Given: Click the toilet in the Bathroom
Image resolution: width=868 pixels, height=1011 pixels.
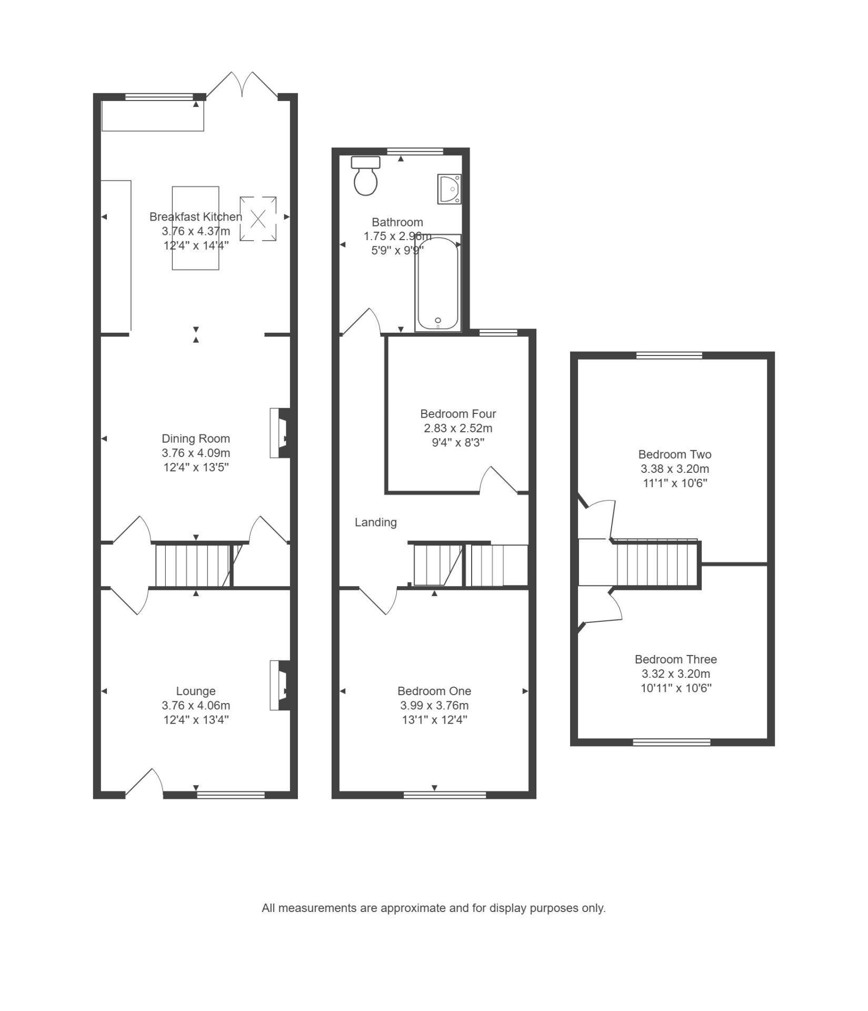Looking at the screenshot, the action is (366, 176).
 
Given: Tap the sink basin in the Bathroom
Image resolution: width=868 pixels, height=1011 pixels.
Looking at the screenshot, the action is (449, 189).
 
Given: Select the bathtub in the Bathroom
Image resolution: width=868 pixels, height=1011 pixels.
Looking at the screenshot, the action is (438, 283).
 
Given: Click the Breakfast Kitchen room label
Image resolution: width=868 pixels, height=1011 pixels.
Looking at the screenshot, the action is (196, 216).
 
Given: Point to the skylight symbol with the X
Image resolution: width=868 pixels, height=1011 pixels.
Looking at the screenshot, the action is (258, 219).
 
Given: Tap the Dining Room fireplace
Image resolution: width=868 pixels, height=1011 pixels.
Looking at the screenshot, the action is (280, 433).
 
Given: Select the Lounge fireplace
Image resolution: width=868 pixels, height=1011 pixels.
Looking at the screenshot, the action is (280, 686).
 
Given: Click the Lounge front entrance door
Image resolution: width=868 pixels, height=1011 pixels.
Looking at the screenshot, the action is (144, 784).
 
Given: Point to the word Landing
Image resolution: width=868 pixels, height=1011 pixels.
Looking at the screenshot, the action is (376, 522).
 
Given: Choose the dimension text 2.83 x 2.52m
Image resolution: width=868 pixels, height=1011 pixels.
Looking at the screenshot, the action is (458, 429).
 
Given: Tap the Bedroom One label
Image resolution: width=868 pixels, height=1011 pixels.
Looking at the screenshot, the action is (434, 691).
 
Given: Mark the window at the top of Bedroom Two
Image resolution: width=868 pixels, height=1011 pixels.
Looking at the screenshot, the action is (670, 355).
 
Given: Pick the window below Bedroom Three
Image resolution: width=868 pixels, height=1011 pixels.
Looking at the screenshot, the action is (672, 742).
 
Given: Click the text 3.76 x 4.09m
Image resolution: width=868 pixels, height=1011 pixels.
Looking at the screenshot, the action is (196, 453).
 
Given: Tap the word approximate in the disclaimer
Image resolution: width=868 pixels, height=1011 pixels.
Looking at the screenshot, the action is (407, 908).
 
